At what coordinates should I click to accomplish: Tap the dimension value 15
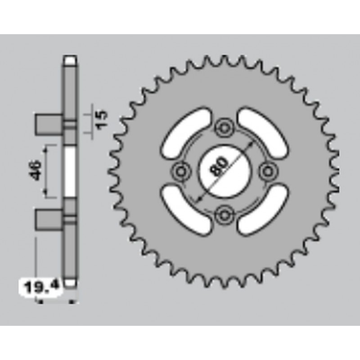[x=103, y=119]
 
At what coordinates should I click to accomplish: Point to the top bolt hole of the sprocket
[x=224, y=128]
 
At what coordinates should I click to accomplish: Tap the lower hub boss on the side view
[x=48, y=220]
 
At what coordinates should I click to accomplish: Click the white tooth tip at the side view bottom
[x=71, y=284]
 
